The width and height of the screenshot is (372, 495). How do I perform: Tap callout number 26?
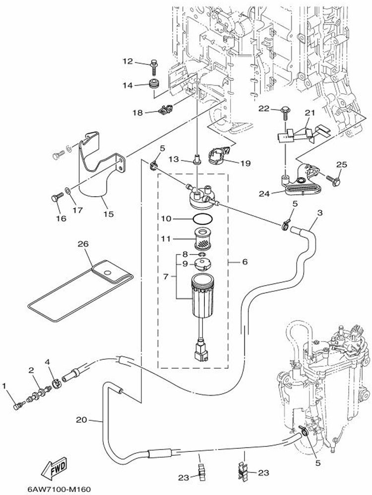(x=83, y=243)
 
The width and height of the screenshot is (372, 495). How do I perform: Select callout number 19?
(x=246, y=163)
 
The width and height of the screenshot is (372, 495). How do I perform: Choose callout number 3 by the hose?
(x=321, y=213)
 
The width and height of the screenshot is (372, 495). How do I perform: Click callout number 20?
(x=81, y=420)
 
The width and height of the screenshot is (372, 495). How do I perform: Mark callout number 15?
(x=109, y=214)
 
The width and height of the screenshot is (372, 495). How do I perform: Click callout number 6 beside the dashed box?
(x=245, y=262)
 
